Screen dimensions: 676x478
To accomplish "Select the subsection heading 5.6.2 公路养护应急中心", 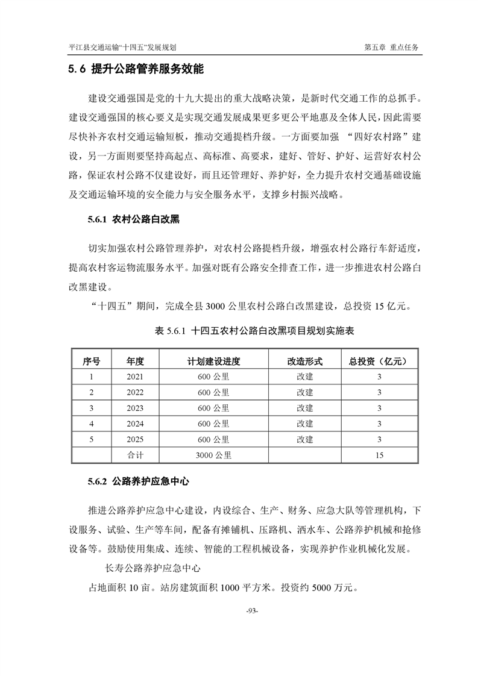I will [x=138, y=482].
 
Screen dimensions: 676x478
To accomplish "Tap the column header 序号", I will [x=91, y=361].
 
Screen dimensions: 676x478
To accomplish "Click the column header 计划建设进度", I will [x=213, y=361].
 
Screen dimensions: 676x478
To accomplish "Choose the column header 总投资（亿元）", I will [x=379, y=361].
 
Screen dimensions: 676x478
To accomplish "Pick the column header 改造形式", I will [x=304, y=361].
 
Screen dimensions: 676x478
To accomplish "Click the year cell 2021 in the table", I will [x=135, y=377].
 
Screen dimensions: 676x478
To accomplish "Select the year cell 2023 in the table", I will [x=135, y=408].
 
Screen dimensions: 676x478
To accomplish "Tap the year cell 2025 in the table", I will [x=135, y=440].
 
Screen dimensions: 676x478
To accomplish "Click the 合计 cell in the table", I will [x=135, y=455].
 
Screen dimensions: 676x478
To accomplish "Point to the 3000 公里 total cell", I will [x=213, y=455].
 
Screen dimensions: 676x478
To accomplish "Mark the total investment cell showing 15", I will [x=379, y=455].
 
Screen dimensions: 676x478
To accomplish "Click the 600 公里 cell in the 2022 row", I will [x=213, y=393].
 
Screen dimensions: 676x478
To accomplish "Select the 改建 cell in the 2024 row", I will [x=304, y=424].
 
